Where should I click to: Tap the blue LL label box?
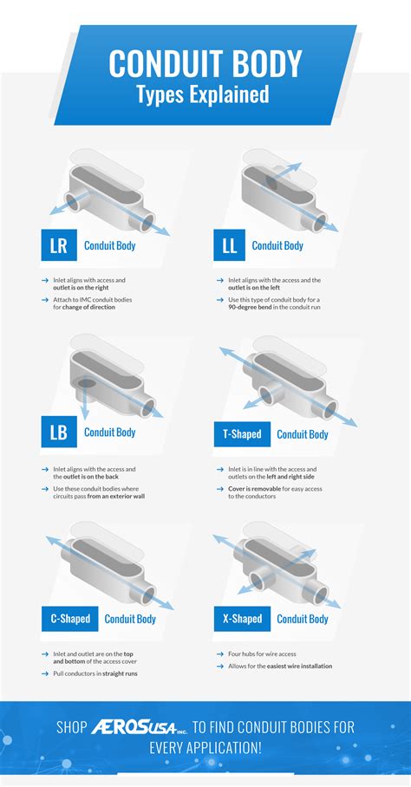(x=229, y=246)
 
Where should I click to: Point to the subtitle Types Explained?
(x=202, y=94)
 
